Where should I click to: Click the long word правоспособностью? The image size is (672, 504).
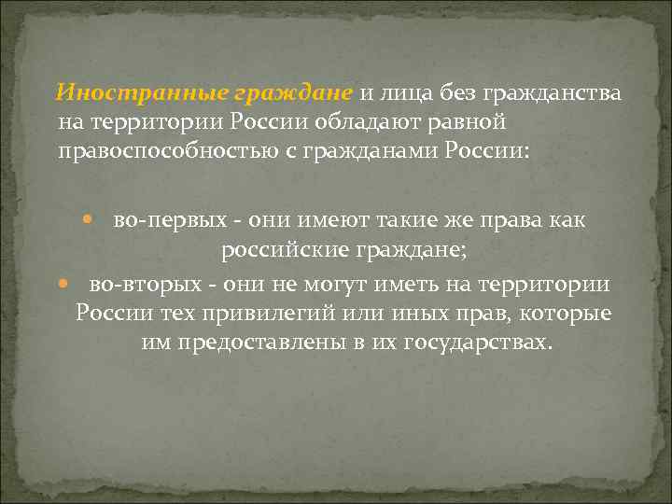click(174, 149)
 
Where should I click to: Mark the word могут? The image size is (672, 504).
click(340, 283)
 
